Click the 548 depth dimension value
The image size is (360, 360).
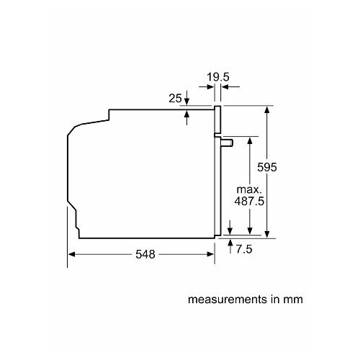pos(144,255)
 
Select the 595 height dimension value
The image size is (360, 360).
pos(268,166)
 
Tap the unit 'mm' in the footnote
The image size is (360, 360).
pos(292,298)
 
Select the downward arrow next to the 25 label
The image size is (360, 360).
pos(187,101)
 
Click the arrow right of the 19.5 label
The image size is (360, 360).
pos(225,86)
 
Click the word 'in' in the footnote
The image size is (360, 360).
pos(276,298)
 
